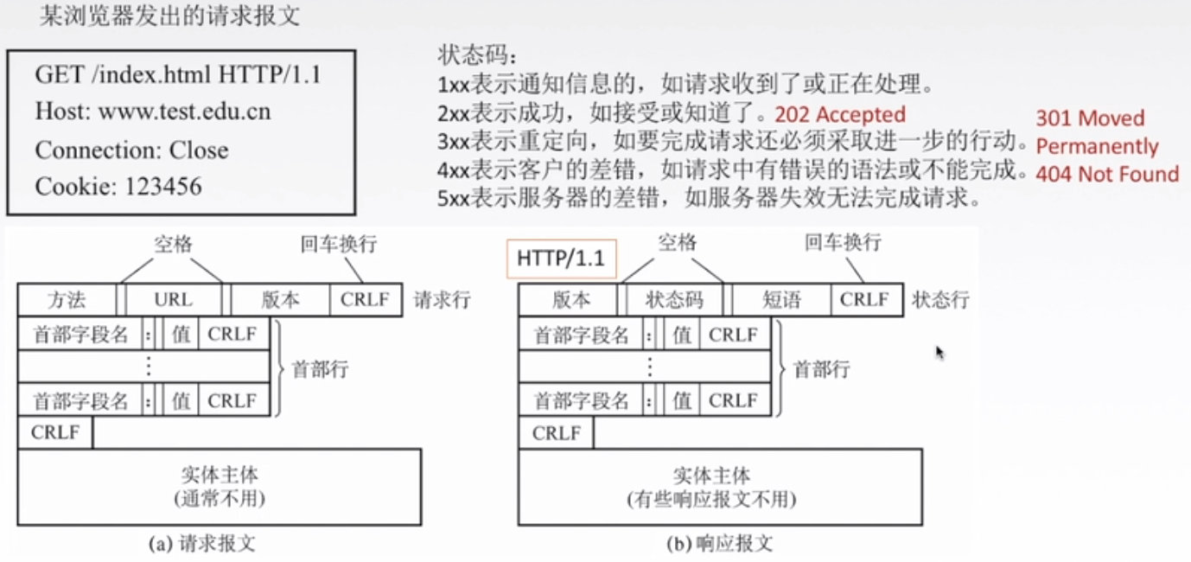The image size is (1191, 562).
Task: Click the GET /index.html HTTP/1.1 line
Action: [178, 74]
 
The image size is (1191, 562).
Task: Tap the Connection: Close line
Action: [131, 150]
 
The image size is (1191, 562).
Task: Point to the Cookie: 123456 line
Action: [118, 186]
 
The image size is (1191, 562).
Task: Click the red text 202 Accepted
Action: [840, 114]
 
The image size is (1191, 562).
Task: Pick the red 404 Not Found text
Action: [1107, 174]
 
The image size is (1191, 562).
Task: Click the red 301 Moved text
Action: [1090, 118]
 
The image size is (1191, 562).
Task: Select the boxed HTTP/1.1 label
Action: [560, 259]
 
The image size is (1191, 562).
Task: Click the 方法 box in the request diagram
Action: [66, 300]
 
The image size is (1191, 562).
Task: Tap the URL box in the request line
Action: [174, 300]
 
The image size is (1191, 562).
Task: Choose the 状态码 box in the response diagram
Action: [675, 300]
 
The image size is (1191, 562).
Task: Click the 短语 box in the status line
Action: [782, 300]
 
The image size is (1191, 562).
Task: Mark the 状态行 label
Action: [940, 300]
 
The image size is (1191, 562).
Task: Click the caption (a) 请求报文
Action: [203, 544]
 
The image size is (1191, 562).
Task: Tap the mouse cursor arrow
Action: [939, 352]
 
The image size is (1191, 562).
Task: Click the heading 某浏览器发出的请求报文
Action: [170, 16]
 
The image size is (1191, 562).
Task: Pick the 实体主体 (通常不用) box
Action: [220, 486]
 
